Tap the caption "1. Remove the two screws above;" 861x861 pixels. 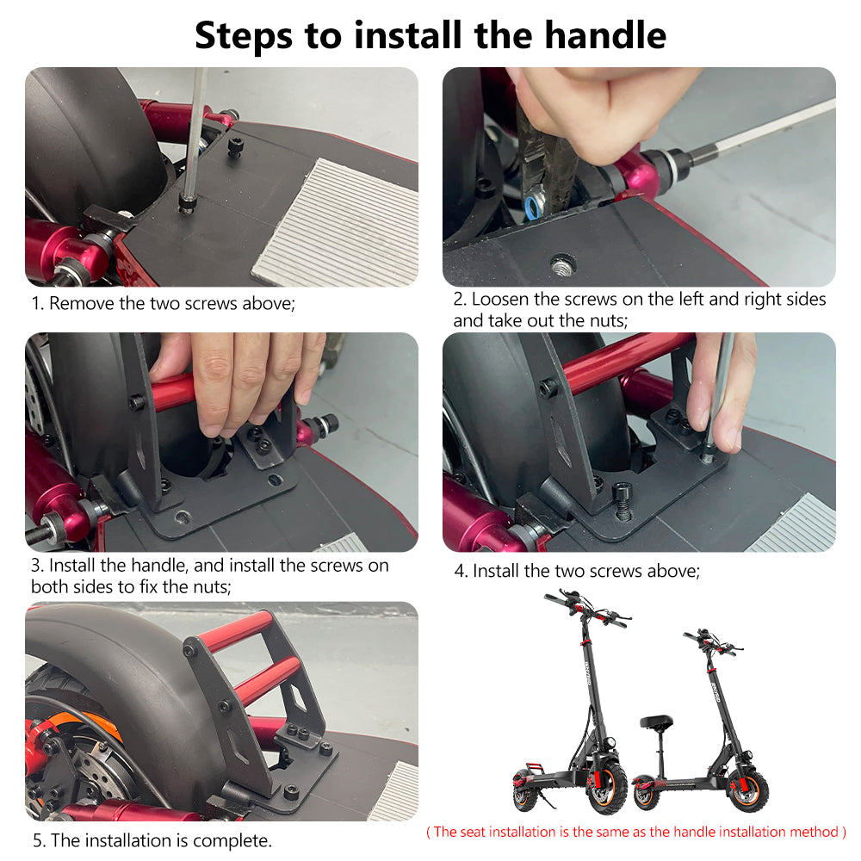(164, 303)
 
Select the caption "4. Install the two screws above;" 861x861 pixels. (578, 571)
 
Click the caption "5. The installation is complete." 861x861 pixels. (152, 840)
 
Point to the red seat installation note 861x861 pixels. (636, 832)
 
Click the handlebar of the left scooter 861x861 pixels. (585, 607)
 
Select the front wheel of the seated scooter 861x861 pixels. (748, 789)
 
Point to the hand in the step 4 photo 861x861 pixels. (723, 387)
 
